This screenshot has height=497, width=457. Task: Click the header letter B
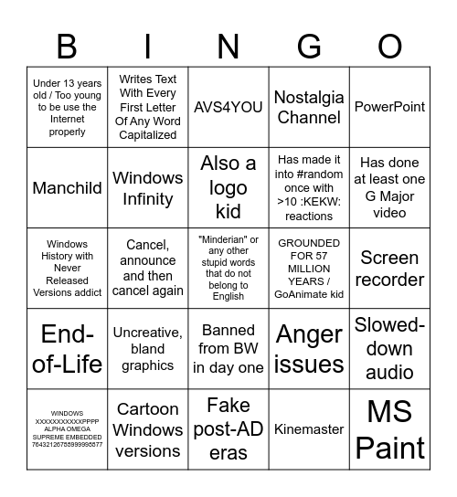[67, 45]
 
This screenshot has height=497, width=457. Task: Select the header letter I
[147, 45]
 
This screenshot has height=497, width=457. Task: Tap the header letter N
[228, 45]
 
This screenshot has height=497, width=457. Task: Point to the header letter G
[309, 45]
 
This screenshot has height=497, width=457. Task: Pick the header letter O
[389, 45]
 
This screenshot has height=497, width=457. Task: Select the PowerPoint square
[389, 107]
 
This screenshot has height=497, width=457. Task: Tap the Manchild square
[67, 187]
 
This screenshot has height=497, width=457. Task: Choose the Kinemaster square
[309, 428]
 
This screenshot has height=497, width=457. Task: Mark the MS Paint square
[389, 429]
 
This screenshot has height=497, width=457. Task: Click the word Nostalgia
[309, 98]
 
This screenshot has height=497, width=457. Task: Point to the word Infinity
[147, 198]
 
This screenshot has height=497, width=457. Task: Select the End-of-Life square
[67, 349]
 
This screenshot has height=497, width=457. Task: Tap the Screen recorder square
[389, 269]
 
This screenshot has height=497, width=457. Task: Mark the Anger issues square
[309, 349]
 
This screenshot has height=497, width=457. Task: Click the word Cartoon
[147, 408]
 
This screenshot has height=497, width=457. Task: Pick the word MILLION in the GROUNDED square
[309, 269]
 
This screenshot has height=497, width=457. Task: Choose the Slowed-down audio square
[389, 349]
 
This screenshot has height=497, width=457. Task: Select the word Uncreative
[147, 333]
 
